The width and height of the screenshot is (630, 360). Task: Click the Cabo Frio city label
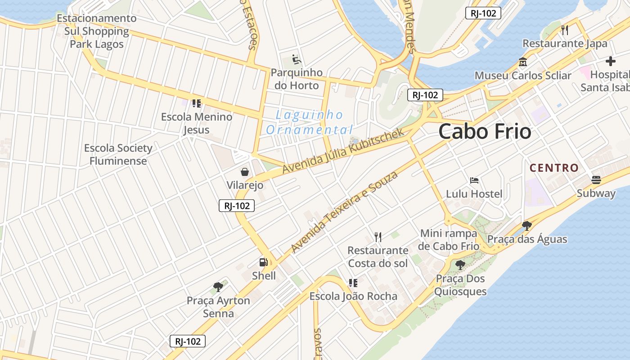click(485, 131)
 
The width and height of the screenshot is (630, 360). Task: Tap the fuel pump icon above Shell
click(263, 262)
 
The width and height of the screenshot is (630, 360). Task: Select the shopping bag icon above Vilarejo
click(245, 171)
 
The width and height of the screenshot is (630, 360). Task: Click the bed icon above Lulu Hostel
click(474, 180)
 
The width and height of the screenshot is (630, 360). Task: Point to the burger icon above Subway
click(596, 180)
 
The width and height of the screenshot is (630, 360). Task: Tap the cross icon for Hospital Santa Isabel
click(610, 61)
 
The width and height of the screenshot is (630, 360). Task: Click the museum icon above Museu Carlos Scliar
click(523, 62)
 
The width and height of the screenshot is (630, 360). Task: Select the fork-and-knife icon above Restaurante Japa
click(565, 30)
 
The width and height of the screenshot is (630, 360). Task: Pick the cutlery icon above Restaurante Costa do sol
click(378, 237)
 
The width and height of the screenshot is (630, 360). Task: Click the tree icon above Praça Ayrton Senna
click(218, 287)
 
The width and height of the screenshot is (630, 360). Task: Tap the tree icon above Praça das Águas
click(527, 225)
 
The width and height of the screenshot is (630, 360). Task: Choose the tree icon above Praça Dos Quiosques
click(460, 265)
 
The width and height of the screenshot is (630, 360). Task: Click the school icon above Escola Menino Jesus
click(196, 103)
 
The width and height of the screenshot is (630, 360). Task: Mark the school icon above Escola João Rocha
click(353, 283)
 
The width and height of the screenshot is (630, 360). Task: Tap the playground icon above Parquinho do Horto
click(297, 59)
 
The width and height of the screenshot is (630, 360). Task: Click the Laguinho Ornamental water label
click(309, 122)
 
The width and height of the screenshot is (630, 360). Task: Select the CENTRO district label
click(554, 168)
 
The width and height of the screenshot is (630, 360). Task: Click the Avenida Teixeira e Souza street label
click(344, 211)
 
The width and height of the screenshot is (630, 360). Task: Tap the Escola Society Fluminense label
click(118, 154)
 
